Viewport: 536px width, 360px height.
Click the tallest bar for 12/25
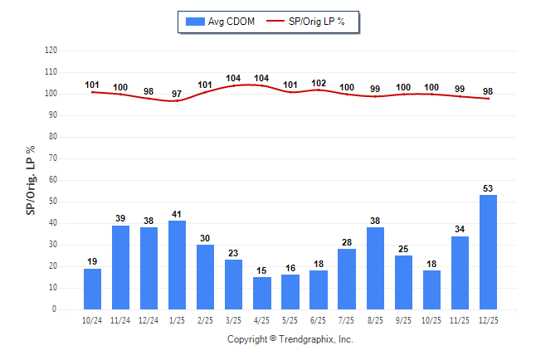488,252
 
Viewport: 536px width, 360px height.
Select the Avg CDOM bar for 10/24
93,289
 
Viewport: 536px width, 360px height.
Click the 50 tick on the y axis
53,202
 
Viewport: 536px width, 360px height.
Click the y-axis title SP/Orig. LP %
31,179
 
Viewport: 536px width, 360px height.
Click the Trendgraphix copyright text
290,339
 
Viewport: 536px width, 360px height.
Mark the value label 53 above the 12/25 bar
488,188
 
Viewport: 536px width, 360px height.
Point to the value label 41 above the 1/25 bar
178,214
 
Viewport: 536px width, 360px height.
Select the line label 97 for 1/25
178,94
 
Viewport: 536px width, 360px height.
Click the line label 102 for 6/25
319,83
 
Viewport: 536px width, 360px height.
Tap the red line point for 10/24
93,92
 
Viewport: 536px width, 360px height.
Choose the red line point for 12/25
488,99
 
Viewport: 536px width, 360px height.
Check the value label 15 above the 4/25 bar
262,270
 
